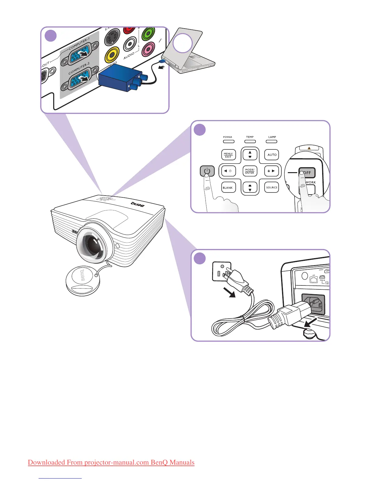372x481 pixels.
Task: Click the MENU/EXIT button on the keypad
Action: [x=228, y=155]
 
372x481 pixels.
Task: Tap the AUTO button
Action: [x=272, y=155]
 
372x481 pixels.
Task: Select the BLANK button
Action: [x=228, y=188]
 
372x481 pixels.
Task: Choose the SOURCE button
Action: [x=272, y=188]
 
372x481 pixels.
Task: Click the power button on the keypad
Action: [x=207, y=171]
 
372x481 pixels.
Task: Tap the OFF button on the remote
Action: [x=307, y=172]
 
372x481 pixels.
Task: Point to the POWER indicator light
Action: [x=228, y=141]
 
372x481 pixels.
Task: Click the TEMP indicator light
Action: [x=250, y=141]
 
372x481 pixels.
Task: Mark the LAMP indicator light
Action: [x=272, y=141]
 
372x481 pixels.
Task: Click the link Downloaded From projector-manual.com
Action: [x=111, y=462]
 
